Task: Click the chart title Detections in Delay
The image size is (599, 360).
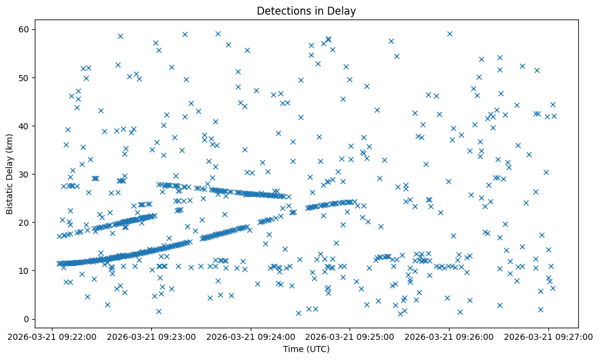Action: click(x=306, y=11)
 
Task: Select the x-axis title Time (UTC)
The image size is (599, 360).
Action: click(x=306, y=349)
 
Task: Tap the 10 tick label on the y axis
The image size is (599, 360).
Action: click(x=27, y=271)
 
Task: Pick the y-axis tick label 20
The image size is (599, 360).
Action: click(x=27, y=223)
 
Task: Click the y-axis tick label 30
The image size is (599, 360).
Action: click(x=27, y=175)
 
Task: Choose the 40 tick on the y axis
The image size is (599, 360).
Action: click(x=27, y=126)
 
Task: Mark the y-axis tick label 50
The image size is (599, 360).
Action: click(x=27, y=78)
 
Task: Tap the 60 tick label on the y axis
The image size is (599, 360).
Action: click(x=27, y=30)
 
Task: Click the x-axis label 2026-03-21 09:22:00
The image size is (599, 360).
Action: click(x=52, y=336)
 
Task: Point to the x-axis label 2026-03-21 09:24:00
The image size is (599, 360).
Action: click(x=251, y=336)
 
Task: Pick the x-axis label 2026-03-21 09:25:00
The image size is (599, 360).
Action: click(x=350, y=336)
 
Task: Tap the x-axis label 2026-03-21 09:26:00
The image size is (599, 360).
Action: click(x=450, y=336)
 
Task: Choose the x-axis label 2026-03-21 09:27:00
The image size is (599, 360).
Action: click(x=549, y=336)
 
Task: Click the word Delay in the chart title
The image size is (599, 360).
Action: click(x=343, y=11)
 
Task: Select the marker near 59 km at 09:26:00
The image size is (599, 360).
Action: click(x=450, y=34)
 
